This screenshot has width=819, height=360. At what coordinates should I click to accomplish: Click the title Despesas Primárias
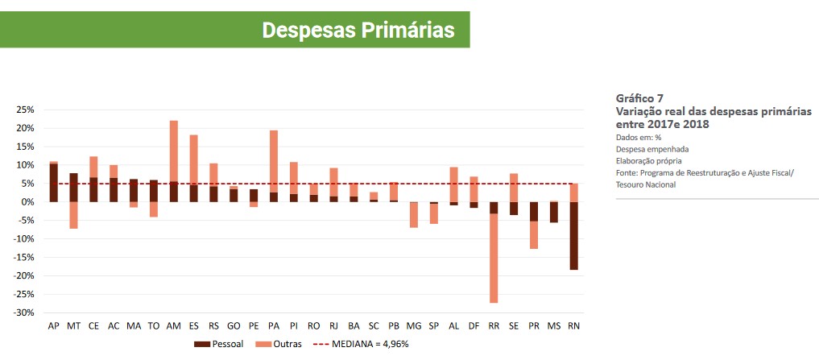pos(358,30)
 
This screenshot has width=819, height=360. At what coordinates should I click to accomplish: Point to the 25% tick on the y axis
pos(24,110)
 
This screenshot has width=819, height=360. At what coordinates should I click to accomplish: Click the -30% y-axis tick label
pos(23,312)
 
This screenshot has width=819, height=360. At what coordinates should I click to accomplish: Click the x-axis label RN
pos(573,326)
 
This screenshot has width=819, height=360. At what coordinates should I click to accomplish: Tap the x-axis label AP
pos(54,326)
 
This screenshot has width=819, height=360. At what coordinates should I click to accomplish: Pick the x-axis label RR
pos(494,326)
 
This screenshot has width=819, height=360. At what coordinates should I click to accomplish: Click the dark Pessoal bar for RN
pos(573,235)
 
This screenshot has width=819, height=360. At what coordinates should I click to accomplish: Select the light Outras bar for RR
pos(494,258)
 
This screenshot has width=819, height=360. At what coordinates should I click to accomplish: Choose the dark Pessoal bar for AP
pos(54,183)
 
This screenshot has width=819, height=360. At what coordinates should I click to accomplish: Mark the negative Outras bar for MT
pos(73,215)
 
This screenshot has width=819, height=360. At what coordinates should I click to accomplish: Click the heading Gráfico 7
pos(639,98)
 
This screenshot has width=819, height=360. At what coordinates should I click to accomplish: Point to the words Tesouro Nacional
pos(647,184)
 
